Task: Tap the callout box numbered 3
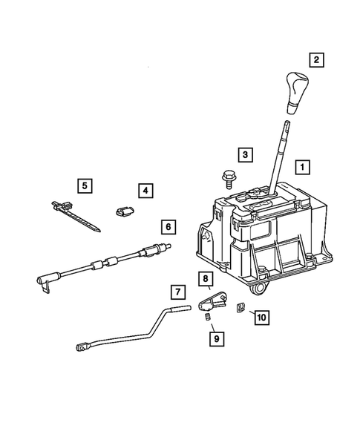244,154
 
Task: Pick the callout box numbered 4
145,191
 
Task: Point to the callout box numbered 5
85,184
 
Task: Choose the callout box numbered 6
168,226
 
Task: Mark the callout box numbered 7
178,291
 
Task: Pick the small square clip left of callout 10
240,307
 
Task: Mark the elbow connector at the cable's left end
42,280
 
